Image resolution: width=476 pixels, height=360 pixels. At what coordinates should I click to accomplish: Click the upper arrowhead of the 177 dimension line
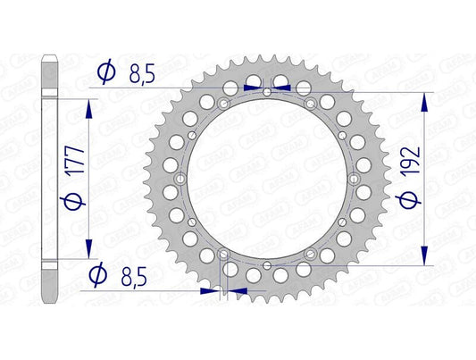(x=88, y=105)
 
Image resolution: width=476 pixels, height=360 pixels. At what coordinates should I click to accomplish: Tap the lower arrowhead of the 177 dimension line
(x=88, y=251)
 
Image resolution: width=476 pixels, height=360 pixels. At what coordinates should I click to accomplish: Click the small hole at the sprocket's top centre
(x=268, y=93)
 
